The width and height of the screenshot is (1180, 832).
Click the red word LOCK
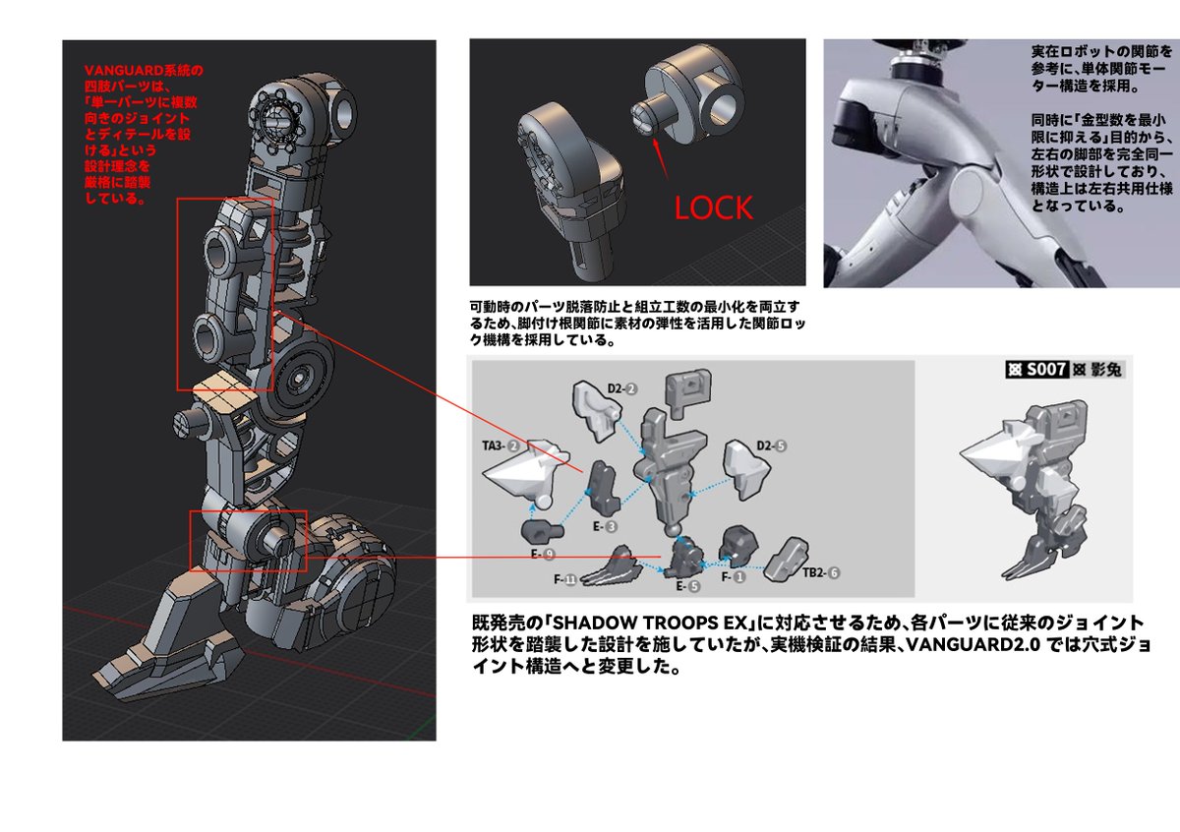coord(713,208)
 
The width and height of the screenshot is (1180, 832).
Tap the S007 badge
coord(1036,370)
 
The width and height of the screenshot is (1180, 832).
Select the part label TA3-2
coord(501,446)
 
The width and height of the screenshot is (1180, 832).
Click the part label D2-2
coord(622,388)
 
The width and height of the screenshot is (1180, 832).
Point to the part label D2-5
coord(772,446)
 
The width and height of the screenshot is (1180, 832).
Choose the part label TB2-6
coord(821,572)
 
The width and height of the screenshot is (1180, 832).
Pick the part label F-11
coord(565,579)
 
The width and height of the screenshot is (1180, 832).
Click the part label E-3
coord(605,526)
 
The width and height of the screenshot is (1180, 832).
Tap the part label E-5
coord(688,586)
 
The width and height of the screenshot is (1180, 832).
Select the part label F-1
coord(734,577)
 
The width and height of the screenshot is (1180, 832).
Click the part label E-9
coord(543,555)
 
